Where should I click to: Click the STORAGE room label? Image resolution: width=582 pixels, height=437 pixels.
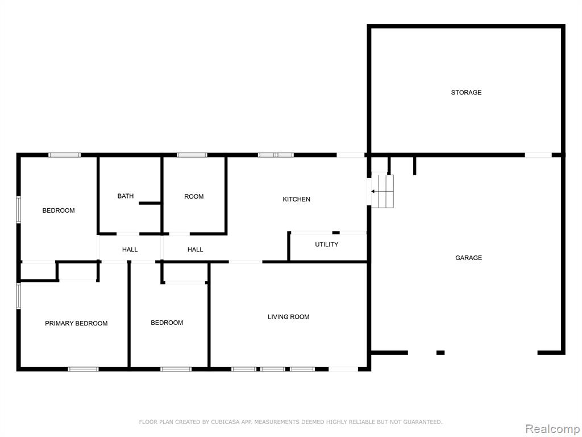(x=466, y=93)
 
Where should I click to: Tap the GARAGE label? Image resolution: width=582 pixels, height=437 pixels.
(x=468, y=258)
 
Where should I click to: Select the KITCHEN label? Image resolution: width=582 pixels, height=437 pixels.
(x=296, y=199)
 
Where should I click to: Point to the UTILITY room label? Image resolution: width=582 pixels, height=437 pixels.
(x=327, y=244)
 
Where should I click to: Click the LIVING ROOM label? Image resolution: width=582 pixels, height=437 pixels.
(x=288, y=316)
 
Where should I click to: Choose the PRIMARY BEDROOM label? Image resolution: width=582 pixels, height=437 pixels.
(x=76, y=323)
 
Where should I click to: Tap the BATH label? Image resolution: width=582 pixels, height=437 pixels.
(x=126, y=196)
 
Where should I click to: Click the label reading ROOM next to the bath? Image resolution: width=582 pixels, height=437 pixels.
(x=194, y=196)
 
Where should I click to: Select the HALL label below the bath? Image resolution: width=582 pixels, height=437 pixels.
(x=130, y=249)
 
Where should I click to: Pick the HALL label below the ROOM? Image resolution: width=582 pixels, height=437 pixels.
(x=196, y=249)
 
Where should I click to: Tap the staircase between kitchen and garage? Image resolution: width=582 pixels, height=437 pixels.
(x=383, y=191)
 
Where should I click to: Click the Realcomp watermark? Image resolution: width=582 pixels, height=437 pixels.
(x=552, y=428)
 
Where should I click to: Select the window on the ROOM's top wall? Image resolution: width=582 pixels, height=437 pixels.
(x=192, y=155)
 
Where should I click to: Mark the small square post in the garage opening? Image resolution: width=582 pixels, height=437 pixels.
(x=440, y=353)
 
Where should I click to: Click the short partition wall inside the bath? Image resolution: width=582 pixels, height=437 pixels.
(x=150, y=203)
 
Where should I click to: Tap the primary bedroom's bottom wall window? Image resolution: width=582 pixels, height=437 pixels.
(x=83, y=369)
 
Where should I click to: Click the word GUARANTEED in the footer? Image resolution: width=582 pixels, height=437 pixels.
(x=423, y=422)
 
